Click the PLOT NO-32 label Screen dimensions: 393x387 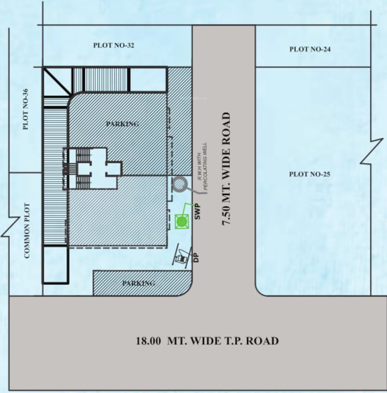[x=114, y=46]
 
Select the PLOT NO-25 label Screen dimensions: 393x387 [x=310, y=174]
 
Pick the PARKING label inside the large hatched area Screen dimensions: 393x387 [x=122, y=124]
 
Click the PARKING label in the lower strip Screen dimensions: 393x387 [x=138, y=283]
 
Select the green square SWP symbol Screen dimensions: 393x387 [x=181, y=222]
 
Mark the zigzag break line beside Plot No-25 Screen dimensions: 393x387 [x=372, y=151]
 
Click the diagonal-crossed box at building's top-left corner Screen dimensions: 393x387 [x=57, y=81]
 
